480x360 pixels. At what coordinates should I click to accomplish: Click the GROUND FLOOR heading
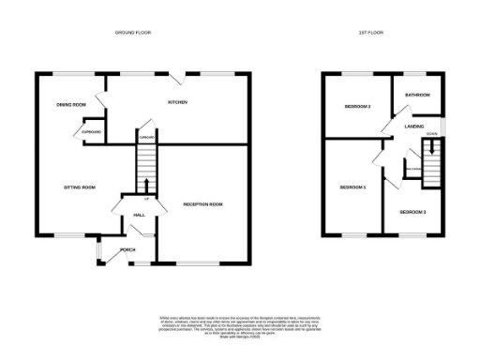click(x=132, y=32)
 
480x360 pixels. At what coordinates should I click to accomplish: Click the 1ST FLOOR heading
click(x=370, y=32)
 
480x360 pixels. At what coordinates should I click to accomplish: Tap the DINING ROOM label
click(x=70, y=103)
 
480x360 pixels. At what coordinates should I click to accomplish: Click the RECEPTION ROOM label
click(x=202, y=203)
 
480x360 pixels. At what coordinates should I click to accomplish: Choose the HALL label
click(x=138, y=216)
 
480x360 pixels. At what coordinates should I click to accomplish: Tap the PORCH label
click(x=127, y=249)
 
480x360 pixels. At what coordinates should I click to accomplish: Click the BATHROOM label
click(x=417, y=95)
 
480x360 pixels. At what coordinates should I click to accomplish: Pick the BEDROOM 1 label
click(x=352, y=187)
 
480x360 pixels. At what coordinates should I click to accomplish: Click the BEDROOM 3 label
click(x=412, y=212)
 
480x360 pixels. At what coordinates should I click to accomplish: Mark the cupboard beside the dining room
click(x=92, y=132)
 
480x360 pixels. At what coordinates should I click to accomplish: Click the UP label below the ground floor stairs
click(x=145, y=199)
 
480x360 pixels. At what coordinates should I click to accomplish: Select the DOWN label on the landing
click(x=431, y=134)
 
